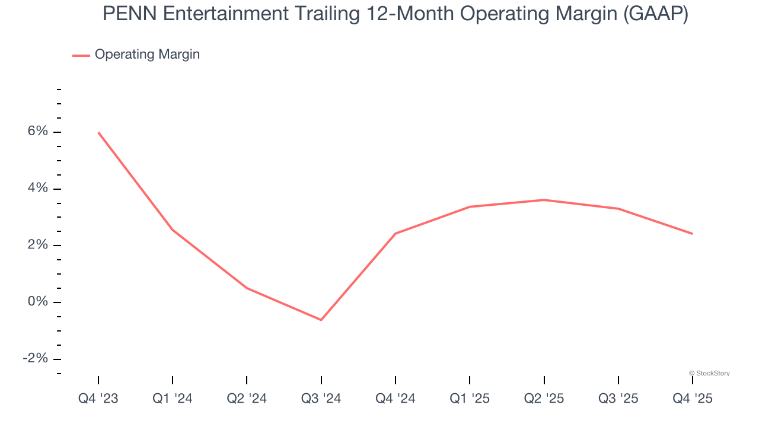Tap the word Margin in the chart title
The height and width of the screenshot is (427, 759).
(x=583, y=14)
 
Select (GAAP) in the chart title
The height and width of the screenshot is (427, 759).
(x=656, y=14)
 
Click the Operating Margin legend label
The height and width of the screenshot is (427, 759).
(x=147, y=55)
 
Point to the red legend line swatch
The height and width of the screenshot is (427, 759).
(x=81, y=55)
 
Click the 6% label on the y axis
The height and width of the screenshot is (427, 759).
(x=37, y=132)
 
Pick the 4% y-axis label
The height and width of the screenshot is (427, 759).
(x=37, y=189)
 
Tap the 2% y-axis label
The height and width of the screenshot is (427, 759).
(x=37, y=246)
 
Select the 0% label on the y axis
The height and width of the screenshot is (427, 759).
(x=37, y=302)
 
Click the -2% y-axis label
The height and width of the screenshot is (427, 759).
(x=35, y=359)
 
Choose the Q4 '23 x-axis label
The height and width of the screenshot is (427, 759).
(x=98, y=399)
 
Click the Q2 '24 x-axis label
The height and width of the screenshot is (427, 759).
(x=247, y=399)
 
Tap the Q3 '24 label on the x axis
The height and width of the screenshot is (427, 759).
(x=321, y=399)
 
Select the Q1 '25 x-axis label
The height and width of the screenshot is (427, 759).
(x=470, y=399)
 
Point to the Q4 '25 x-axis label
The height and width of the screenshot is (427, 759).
(x=692, y=399)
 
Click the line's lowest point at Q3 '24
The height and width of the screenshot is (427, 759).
(x=321, y=320)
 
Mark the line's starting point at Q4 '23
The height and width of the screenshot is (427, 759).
(x=98, y=132)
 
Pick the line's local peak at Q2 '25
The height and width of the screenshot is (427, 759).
(x=544, y=200)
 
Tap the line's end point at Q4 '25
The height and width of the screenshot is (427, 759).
(x=692, y=234)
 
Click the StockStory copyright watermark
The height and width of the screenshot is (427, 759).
(x=709, y=373)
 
